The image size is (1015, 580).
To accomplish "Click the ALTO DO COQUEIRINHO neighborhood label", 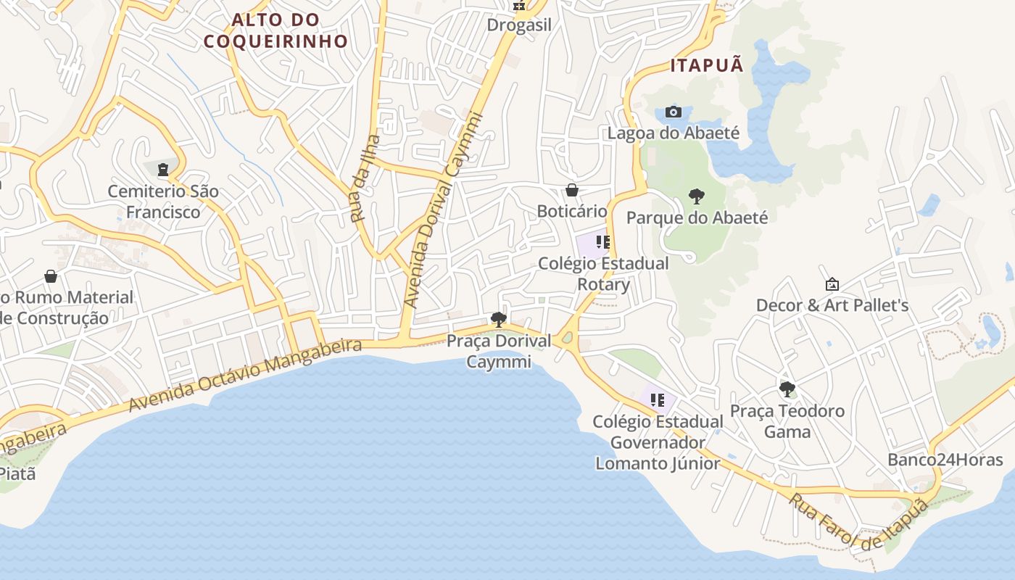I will pyautogui.click(x=275, y=30).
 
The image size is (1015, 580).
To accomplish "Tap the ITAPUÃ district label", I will pyautogui.click(x=707, y=65).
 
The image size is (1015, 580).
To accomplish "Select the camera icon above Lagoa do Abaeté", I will pyautogui.click(x=674, y=112).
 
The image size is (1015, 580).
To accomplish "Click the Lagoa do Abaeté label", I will pyautogui.click(x=673, y=133).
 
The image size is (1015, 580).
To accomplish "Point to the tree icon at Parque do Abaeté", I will pyautogui.click(x=696, y=196).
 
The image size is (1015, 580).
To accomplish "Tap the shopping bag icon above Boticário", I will pyautogui.click(x=572, y=190).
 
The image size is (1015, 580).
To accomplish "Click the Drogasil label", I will pyautogui.click(x=519, y=25).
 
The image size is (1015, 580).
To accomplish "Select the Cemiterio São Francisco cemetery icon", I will pyautogui.click(x=163, y=170).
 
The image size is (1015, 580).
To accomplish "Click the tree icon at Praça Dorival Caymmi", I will pyautogui.click(x=498, y=319).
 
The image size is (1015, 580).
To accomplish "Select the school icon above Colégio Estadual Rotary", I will pyautogui.click(x=603, y=242).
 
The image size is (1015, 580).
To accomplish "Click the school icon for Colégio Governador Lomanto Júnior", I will pyautogui.click(x=658, y=400).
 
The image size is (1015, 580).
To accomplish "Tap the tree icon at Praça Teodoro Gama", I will pyautogui.click(x=787, y=389).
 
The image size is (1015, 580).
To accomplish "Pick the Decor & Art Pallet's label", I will pyautogui.click(x=832, y=305).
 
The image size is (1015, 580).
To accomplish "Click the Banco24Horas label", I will pyautogui.click(x=945, y=460).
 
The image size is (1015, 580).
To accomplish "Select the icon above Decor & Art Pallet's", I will pyautogui.click(x=832, y=284).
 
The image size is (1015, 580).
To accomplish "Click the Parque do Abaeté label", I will pyautogui.click(x=697, y=217).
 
